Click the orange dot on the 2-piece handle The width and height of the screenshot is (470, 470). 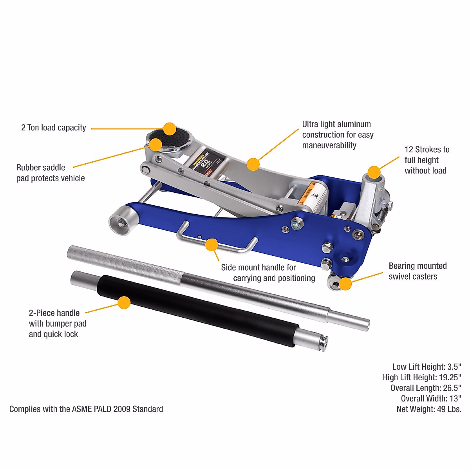[x=124, y=302]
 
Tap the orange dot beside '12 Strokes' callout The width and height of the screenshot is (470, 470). [x=374, y=172]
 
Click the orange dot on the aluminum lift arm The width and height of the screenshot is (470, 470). [x=253, y=164]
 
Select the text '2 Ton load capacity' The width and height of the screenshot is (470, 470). [x=54, y=128]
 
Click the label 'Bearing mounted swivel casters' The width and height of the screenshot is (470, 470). [x=417, y=271]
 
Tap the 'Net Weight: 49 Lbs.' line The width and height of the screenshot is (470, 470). [x=429, y=409]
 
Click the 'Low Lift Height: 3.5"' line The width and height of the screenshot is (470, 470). [x=427, y=367]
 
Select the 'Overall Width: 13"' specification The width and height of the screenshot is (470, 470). [x=431, y=399]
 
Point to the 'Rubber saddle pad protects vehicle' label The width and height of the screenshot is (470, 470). [x=51, y=173]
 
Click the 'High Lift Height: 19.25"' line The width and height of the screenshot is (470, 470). [x=422, y=378]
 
